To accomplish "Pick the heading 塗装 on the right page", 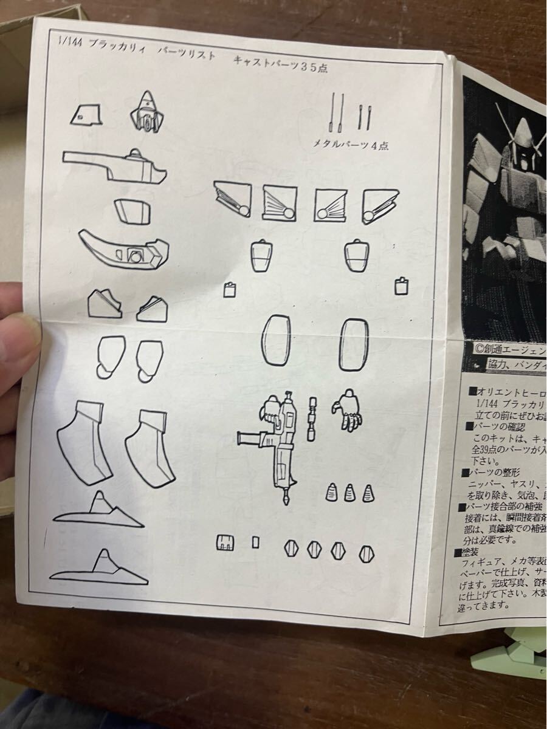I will [469, 553].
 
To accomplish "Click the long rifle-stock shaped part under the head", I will [115, 165].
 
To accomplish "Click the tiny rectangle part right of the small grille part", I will [256, 542].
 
